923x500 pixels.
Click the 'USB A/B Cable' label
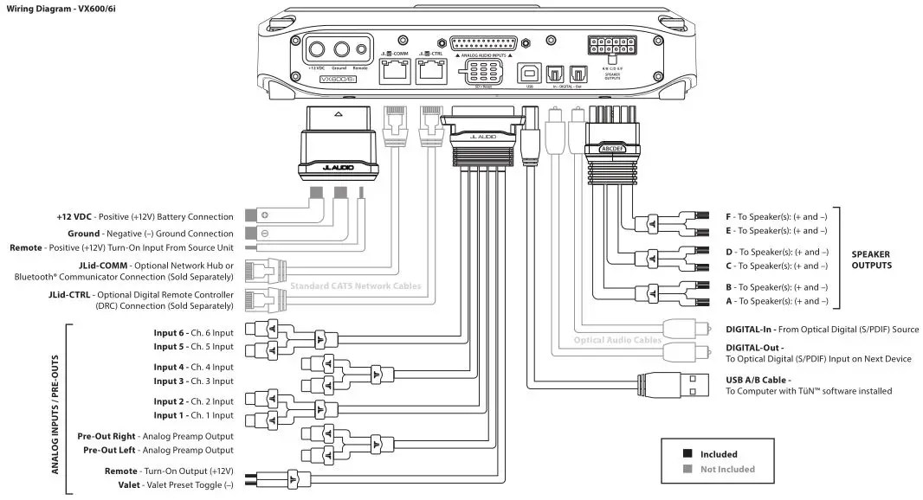click(758, 379)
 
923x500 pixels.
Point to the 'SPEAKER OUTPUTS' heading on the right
click(871, 260)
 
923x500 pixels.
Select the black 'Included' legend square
click(687, 453)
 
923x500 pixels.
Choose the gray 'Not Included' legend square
click(687, 469)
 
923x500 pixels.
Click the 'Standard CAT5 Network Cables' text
click(356, 285)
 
